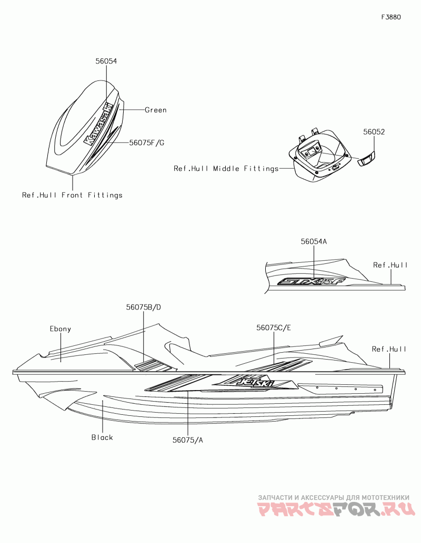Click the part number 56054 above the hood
coord(106,61)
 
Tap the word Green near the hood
coord(156,110)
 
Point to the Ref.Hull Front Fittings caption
coord(72,195)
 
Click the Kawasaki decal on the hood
coord(99,124)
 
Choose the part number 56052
coord(374,132)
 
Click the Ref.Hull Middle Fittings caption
coord(226,169)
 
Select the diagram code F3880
coord(391,17)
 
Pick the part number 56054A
coord(314,242)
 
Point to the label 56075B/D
coord(143,307)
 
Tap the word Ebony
coord(61,329)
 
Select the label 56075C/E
coord(274,327)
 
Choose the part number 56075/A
coord(188,440)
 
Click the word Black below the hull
coord(102,437)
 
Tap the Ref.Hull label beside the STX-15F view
coord(390,265)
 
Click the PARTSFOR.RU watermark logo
coord(337,509)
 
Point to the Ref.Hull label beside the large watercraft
coord(389,349)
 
